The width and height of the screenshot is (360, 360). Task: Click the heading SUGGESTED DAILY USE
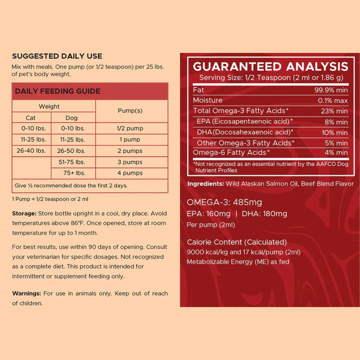[x=57, y=56]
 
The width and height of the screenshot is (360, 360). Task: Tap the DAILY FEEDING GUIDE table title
[x=57, y=91]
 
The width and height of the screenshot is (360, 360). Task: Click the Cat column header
[x=30, y=118]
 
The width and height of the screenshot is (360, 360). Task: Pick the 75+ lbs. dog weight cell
[x=72, y=173]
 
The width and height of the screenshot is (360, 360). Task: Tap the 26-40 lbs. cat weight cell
[x=30, y=150]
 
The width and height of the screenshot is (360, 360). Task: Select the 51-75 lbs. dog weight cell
[x=72, y=162]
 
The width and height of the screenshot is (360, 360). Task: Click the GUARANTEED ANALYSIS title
[x=270, y=66]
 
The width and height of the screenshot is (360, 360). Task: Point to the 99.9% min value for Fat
[x=331, y=90]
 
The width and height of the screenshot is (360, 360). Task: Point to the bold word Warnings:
[x=26, y=293]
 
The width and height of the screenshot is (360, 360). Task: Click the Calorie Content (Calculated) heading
[x=236, y=242]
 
